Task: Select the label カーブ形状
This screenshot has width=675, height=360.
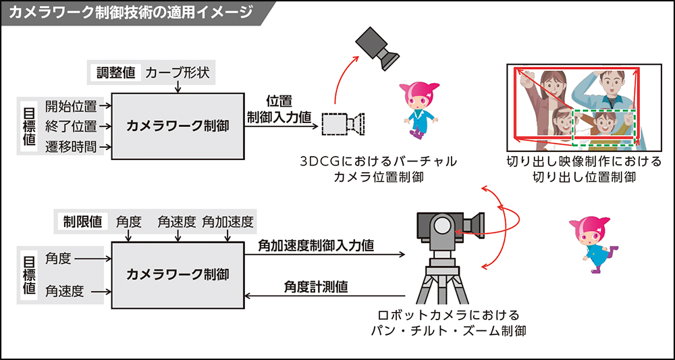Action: [x=178, y=71]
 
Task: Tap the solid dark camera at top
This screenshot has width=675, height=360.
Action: [x=378, y=45]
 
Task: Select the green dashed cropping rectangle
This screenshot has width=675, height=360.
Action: [x=603, y=126]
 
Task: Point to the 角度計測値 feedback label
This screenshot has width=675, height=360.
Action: [x=316, y=287]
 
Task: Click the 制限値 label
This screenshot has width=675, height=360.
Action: [x=83, y=221]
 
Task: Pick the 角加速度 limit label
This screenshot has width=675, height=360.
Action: [x=227, y=221]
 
